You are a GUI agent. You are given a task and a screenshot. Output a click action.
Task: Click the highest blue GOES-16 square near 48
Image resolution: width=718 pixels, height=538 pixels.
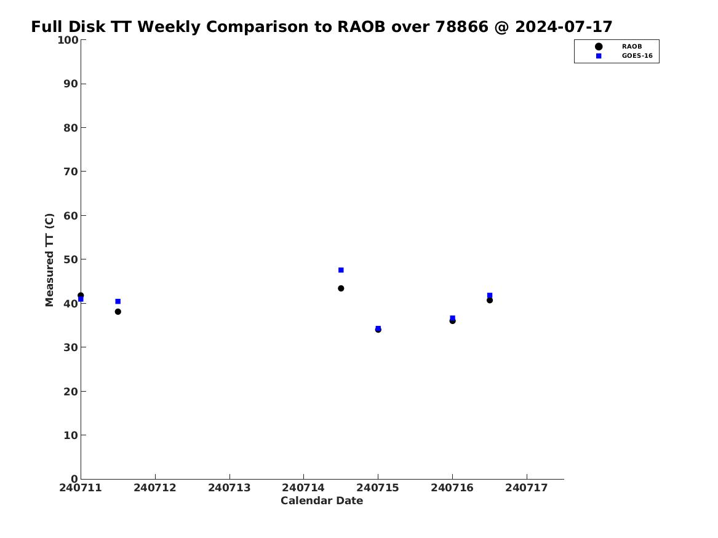341,270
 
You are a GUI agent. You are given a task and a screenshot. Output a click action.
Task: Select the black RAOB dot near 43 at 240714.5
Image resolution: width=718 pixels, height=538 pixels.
341,288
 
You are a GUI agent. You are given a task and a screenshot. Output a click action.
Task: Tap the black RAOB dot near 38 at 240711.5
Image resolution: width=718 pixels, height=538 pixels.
118,312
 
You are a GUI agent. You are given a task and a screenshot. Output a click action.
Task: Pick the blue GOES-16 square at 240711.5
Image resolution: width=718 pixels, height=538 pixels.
118,301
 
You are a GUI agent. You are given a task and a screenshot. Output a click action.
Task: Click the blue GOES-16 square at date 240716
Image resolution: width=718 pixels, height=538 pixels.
452,318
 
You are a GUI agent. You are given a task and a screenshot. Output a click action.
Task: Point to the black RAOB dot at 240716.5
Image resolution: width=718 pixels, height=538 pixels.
490,300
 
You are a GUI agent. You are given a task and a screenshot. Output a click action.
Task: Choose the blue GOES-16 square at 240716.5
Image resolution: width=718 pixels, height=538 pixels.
490,295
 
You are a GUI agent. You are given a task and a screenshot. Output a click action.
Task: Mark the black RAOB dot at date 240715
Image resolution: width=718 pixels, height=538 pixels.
378,330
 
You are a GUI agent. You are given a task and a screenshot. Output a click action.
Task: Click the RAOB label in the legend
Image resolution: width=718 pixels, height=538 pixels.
632,46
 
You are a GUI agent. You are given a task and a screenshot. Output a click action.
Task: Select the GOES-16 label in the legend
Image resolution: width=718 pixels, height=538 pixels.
637,56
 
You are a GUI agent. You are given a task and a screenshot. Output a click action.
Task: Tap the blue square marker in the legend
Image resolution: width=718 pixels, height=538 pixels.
599,56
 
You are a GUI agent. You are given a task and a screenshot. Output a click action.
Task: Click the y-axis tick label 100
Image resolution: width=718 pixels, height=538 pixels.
68,40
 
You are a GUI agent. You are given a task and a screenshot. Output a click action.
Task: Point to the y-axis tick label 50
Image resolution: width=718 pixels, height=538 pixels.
71,259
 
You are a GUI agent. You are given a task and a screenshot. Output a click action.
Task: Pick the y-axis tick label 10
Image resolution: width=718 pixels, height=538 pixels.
71,435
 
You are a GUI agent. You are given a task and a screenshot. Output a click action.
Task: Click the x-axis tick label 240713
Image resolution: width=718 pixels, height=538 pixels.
229,488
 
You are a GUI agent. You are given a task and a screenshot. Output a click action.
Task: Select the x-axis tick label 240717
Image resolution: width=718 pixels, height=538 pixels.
527,488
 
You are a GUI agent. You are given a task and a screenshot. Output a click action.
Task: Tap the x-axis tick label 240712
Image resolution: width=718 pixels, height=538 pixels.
155,488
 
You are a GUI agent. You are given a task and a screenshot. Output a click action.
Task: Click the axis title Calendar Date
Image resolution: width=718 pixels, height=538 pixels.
322,501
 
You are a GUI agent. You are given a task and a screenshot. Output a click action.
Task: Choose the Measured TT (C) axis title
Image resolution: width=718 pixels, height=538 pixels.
49,260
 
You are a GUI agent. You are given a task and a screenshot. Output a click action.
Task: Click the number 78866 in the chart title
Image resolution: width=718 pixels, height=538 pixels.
461,27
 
